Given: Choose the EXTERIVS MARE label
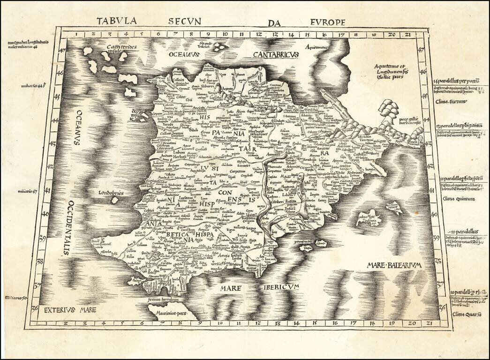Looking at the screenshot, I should click(x=65, y=309).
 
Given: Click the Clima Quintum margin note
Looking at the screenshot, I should click(x=459, y=199).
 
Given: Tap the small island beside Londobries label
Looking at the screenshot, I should click(x=114, y=200).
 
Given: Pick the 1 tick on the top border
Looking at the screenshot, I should click(x=76, y=34).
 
